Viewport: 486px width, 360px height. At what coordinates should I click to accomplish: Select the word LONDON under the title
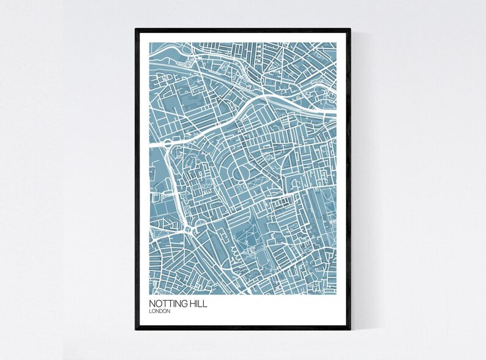click(x=160, y=312)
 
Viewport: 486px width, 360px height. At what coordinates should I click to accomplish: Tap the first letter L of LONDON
click(x=150, y=312)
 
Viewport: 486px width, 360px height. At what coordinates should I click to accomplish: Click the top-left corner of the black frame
click(x=136, y=28)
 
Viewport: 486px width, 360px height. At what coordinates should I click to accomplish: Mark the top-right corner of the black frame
click(x=351, y=28)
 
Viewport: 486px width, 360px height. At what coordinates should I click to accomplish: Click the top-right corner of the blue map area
click(x=337, y=42)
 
